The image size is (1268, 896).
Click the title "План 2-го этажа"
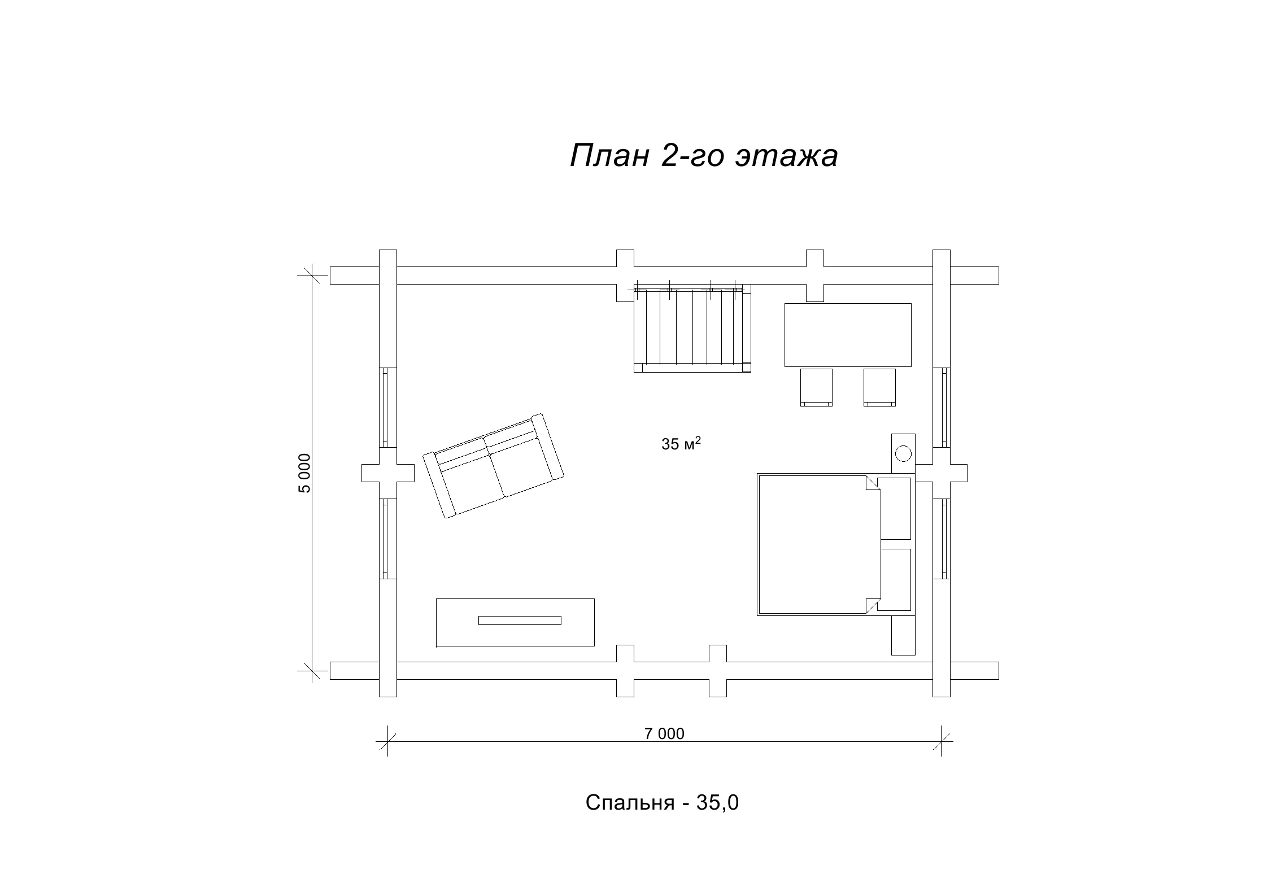tap(704, 155)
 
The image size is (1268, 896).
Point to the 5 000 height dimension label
tap(304, 473)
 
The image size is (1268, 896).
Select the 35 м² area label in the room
tap(681, 443)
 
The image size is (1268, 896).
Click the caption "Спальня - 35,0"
tap(662, 802)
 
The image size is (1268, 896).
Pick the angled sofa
tap(494, 466)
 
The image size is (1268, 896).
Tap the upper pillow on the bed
tap(895, 509)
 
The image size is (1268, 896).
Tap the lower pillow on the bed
tap(895, 580)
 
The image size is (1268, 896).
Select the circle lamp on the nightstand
tap(903, 453)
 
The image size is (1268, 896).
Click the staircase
tap(692, 329)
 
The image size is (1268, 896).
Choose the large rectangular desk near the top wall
tap(848, 335)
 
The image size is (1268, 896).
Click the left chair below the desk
tap(816, 387)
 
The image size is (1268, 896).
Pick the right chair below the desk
tap(879, 387)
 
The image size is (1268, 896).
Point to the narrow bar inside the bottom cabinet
tap(520, 620)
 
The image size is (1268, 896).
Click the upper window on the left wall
tap(387, 407)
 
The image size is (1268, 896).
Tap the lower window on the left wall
tap(387, 539)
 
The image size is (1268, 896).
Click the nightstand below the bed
tap(903, 635)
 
